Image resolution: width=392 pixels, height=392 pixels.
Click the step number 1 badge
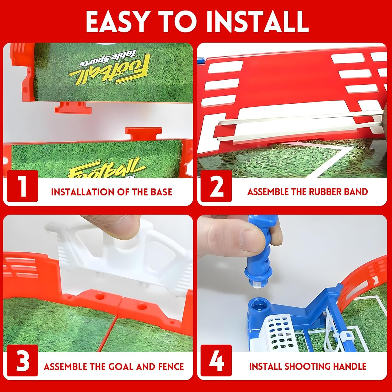click(x=22, y=186)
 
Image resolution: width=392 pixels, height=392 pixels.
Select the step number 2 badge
click(x=216, y=186)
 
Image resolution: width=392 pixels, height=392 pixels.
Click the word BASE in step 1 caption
click(x=161, y=192)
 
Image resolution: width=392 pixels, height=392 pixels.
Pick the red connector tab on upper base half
click(x=73, y=107)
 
